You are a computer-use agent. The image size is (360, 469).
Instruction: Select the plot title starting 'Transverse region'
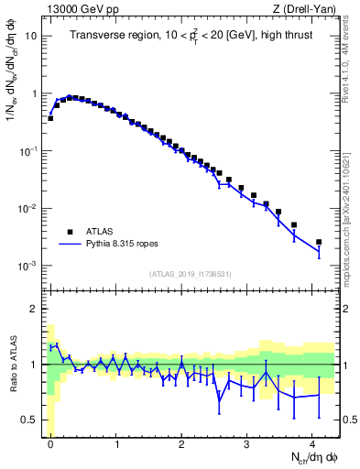tap(191, 36)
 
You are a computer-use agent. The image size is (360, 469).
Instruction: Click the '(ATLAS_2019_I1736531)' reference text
tap(191, 274)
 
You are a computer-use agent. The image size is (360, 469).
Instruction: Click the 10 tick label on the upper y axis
tap(32, 37)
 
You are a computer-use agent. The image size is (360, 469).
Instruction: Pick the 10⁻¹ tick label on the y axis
tap(30, 151)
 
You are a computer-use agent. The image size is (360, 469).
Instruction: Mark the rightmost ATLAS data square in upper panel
tap(319, 242)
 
